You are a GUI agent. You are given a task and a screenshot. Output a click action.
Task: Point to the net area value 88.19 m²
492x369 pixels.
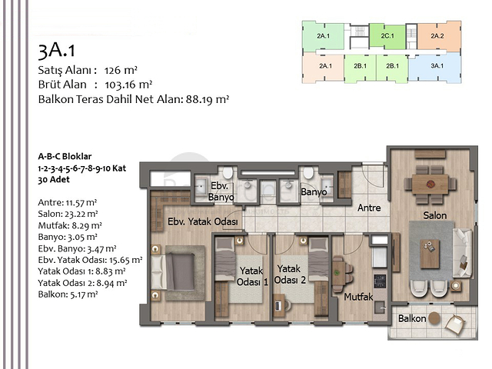coord(208,99)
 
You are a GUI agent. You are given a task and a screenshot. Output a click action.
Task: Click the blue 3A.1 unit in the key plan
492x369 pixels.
coord(437,66)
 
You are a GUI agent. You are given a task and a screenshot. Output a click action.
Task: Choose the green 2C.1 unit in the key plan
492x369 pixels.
coord(387,35)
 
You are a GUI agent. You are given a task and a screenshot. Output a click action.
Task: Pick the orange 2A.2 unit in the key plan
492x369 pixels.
coord(437,35)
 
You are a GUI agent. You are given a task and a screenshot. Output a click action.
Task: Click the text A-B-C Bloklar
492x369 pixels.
coord(70,156)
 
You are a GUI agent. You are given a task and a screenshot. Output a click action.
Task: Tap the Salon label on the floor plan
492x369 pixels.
coord(434,216)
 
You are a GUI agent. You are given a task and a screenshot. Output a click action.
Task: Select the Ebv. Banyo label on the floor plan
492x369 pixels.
coord(221,192)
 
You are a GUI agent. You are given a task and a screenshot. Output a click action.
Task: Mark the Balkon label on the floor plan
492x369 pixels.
coord(413,317)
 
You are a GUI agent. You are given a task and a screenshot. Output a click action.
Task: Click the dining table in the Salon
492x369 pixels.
coord(430,182)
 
